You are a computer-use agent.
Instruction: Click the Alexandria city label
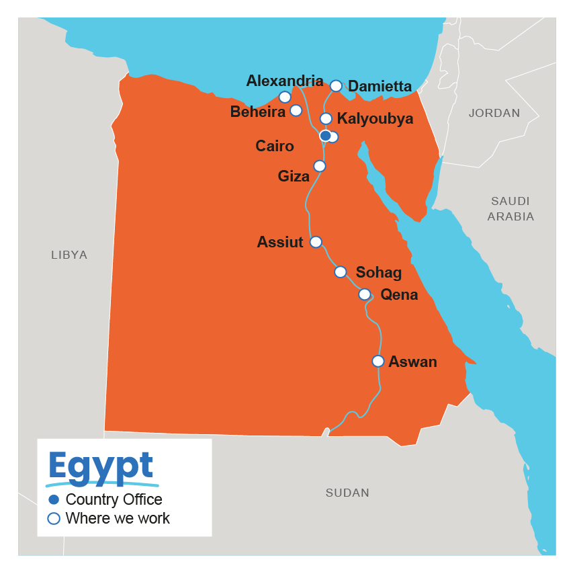(x=284, y=81)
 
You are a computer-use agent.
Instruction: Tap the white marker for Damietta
(x=336, y=85)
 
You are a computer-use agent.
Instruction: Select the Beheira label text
(x=257, y=112)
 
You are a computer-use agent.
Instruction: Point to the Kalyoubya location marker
(x=326, y=119)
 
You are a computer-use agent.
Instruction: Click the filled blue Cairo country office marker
(x=325, y=136)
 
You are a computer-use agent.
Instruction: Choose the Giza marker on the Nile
(x=320, y=166)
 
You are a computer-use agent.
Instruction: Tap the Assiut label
(x=279, y=242)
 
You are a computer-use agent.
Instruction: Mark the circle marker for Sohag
(x=341, y=272)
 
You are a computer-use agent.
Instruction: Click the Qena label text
(x=399, y=294)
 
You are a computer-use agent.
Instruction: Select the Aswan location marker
(x=378, y=362)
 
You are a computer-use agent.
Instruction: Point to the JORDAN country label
(x=494, y=113)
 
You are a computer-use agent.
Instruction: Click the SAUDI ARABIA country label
(x=511, y=208)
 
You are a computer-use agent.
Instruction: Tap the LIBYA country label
(x=69, y=255)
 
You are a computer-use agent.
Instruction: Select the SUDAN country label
(x=347, y=493)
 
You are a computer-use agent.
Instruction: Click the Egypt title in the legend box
(x=101, y=466)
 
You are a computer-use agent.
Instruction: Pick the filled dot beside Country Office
(x=54, y=500)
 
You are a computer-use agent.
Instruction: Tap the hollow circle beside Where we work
(x=54, y=519)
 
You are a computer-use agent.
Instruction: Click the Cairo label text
(x=274, y=147)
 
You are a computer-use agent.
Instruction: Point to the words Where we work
(x=118, y=519)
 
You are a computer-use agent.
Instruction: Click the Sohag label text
(x=378, y=273)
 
